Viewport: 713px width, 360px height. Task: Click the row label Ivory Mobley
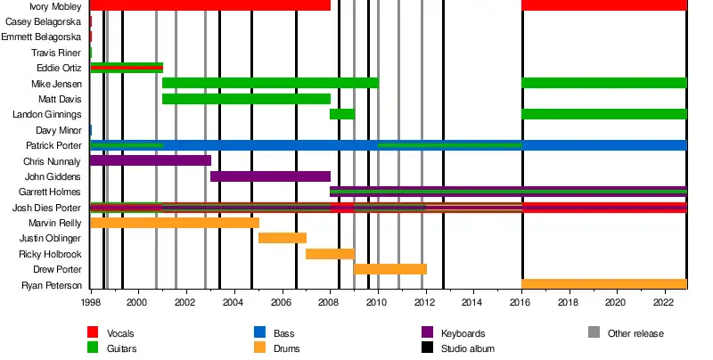click(x=56, y=6)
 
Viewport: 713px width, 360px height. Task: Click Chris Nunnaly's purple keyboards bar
click(x=151, y=161)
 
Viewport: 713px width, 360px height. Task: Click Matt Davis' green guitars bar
click(x=246, y=99)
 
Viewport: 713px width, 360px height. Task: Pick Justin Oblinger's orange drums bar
click(x=283, y=238)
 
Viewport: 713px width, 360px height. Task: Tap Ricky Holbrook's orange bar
click(x=330, y=254)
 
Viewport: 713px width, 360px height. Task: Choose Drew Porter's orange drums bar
click(x=390, y=269)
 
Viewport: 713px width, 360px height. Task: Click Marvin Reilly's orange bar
click(x=175, y=223)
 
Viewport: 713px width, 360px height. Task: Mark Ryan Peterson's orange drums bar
click(x=604, y=284)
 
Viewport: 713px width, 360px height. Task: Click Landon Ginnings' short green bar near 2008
click(x=342, y=114)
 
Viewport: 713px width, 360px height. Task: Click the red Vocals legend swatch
click(x=93, y=332)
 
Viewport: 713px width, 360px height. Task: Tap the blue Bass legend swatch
click(x=259, y=332)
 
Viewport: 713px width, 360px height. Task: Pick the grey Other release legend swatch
click(x=594, y=332)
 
